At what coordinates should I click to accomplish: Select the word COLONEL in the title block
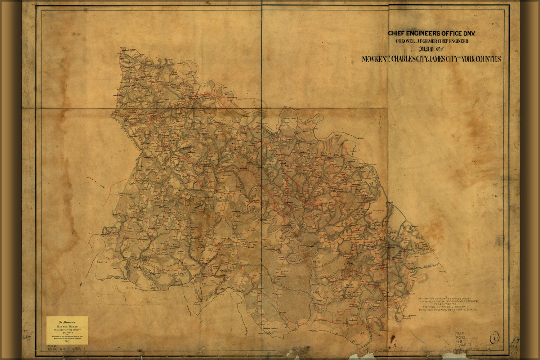pos(407,41)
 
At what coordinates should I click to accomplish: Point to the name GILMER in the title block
pos(431,41)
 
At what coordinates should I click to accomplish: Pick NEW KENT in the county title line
pos(375,59)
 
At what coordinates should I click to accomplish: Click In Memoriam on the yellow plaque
pos(67,322)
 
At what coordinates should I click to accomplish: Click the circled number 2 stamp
pos(494,338)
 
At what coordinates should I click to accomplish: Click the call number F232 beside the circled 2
pos(461,338)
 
